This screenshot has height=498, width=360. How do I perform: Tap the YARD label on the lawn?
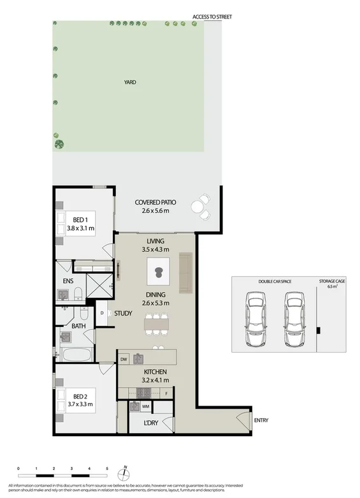click(x=130, y=82)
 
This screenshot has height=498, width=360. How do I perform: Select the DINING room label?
click(x=155, y=295)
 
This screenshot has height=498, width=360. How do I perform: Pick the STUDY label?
click(x=122, y=313)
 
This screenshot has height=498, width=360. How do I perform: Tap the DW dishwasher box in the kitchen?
click(x=124, y=359)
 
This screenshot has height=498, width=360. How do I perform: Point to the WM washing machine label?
click(x=146, y=406)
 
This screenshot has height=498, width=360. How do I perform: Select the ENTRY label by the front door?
click(x=261, y=420)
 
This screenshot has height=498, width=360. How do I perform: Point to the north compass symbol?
click(x=126, y=473)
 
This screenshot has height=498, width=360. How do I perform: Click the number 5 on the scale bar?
click(x=107, y=468)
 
